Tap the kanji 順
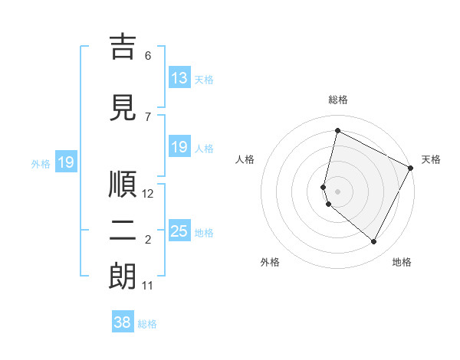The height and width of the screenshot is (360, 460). pyautogui.click(x=123, y=184)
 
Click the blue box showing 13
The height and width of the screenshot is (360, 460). pyautogui.click(x=179, y=78)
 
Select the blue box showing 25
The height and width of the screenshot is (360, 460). pyautogui.click(x=179, y=231)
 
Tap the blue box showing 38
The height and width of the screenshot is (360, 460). pyautogui.click(x=123, y=322)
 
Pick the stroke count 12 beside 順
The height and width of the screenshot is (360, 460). pyautogui.click(x=148, y=194)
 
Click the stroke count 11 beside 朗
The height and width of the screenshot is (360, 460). pyautogui.click(x=148, y=286)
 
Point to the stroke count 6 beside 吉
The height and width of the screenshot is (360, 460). pyautogui.click(x=148, y=56)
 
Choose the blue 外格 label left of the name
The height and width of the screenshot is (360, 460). pyautogui.click(x=40, y=163)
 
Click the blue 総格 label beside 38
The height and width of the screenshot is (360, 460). pyautogui.click(x=147, y=324)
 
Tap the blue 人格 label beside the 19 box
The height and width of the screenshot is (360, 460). pyautogui.click(x=204, y=149)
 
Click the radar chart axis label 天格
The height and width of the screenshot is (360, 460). pyautogui.click(x=431, y=159)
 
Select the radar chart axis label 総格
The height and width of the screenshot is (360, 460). pyautogui.click(x=338, y=100)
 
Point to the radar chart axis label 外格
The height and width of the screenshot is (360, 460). pyautogui.click(x=270, y=262)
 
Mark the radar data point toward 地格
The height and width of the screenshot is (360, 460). pyautogui.click(x=373, y=242)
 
